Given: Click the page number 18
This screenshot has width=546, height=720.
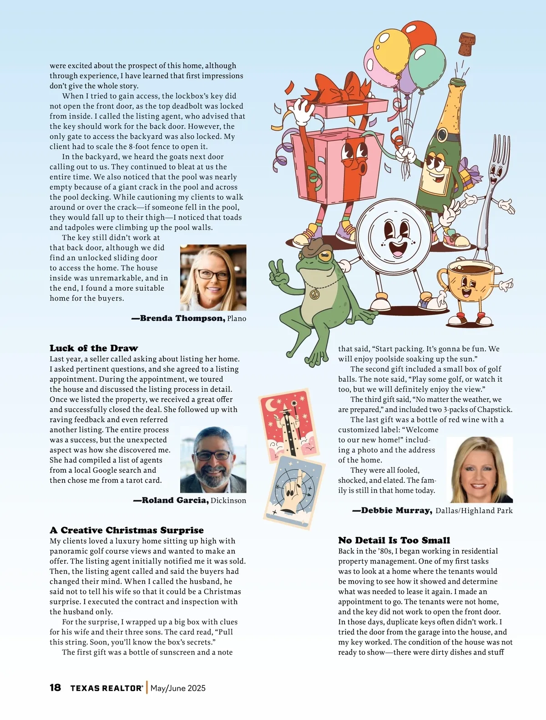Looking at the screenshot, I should [55, 687].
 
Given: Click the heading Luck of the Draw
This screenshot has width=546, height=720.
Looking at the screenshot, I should [94, 348].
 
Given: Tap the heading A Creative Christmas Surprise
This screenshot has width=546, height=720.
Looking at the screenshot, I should [126, 530].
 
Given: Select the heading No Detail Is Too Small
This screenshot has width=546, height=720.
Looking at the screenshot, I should [394, 540].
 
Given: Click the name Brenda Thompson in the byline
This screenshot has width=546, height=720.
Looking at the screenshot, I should [182, 318].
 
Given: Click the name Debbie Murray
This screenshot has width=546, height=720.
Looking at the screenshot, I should [396, 510].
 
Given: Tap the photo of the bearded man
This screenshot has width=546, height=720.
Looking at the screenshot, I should [213, 460].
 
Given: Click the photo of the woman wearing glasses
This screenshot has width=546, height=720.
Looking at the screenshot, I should [213, 278].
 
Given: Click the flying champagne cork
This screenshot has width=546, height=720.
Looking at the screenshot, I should [466, 44].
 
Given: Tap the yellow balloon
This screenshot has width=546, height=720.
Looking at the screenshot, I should [391, 47].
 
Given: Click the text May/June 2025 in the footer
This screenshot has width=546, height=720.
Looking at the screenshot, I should [178, 688].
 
